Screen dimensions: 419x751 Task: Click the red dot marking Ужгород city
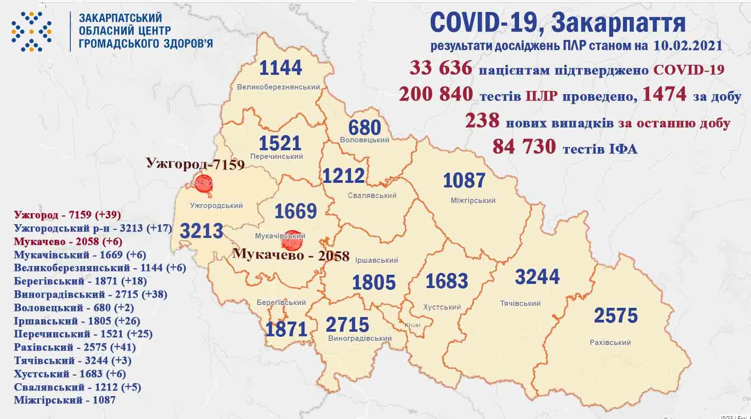click(x=203, y=183)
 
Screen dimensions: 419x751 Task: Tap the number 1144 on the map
click(x=281, y=68)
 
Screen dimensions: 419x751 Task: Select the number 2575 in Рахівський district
click(x=615, y=316)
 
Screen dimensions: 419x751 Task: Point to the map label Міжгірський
click(x=473, y=200)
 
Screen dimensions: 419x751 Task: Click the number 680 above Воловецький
click(x=365, y=127)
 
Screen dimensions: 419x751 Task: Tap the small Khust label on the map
click(x=412, y=325)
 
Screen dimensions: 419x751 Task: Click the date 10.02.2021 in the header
click(x=686, y=45)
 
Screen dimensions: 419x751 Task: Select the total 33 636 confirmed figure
click(x=441, y=68)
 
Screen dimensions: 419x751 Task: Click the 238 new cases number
click(x=482, y=120)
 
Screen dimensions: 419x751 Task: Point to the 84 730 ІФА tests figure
click(x=524, y=147)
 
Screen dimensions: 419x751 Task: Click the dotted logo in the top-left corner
click(x=31, y=31)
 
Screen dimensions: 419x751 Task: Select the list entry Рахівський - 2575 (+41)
click(x=75, y=347)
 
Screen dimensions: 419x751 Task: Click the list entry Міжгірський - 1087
click(x=65, y=400)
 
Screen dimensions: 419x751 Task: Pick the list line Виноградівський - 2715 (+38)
click(x=90, y=294)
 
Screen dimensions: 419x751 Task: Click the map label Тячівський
click(x=520, y=303)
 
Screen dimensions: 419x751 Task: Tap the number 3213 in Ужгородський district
click(x=201, y=231)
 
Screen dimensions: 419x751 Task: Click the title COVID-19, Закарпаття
click(x=558, y=23)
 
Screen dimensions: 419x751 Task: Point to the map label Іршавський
click(x=377, y=260)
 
